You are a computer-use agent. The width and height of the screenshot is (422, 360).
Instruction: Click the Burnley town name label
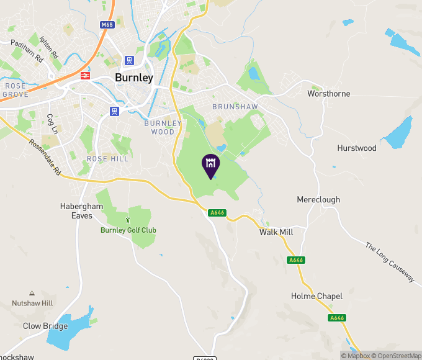pyautogui.click(x=134, y=78)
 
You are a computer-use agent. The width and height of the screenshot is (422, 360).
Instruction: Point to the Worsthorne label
pyautogui.click(x=329, y=94)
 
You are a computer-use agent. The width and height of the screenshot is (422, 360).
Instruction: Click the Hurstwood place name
pyautogui.click(x=357, y=148)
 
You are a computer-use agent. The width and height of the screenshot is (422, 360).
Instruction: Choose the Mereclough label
pyautogui.click(x=318, y=200)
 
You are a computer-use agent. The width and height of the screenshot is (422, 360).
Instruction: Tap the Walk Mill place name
pyautogui.click(x=276, y=232)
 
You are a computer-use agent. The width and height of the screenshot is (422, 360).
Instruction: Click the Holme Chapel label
pyautogui.click(x=316, y=296)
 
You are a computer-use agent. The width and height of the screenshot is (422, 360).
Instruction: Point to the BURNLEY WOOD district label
pyautogui.click(x=163, y=127)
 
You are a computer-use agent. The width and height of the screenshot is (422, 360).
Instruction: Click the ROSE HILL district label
pyautogui.click(x=107, y=159)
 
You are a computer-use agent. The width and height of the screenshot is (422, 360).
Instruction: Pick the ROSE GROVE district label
pyautogui.click(x=16, y=90)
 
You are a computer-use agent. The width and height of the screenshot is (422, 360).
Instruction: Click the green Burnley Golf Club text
pyautogui.click(x=128, y=230)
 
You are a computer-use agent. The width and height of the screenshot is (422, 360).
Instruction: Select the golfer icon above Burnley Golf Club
pyautogui.click(x=128, y=219)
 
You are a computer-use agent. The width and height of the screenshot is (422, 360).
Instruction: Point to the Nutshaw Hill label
pyautogui.click(x=32, y=304)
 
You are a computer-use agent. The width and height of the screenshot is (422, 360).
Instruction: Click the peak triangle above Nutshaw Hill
pyautogui.click(x=32, y=293)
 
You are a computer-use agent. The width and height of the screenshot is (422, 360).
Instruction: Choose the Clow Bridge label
pyautogui.click(x=45, y=326)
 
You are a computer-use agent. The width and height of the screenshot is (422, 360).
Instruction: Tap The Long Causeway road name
pyautogui.click(x=389, y=263)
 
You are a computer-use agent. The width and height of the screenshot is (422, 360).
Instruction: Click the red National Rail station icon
pyautogui.click(x=86, y=76)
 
